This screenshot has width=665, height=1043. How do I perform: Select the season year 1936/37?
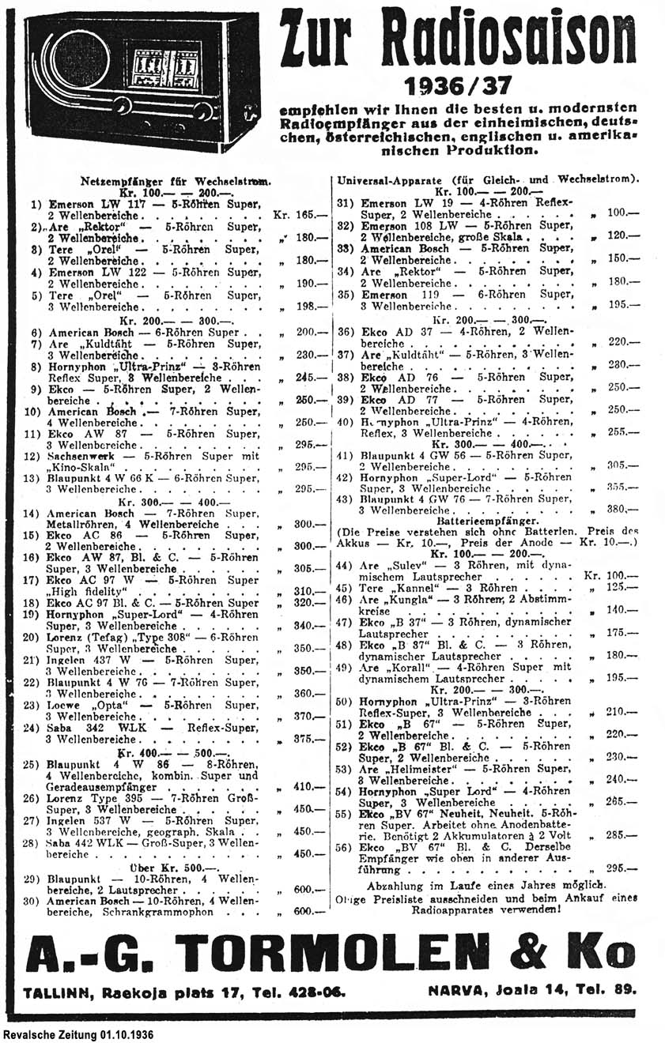458,85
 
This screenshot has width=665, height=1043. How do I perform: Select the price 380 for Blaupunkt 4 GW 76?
622,510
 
